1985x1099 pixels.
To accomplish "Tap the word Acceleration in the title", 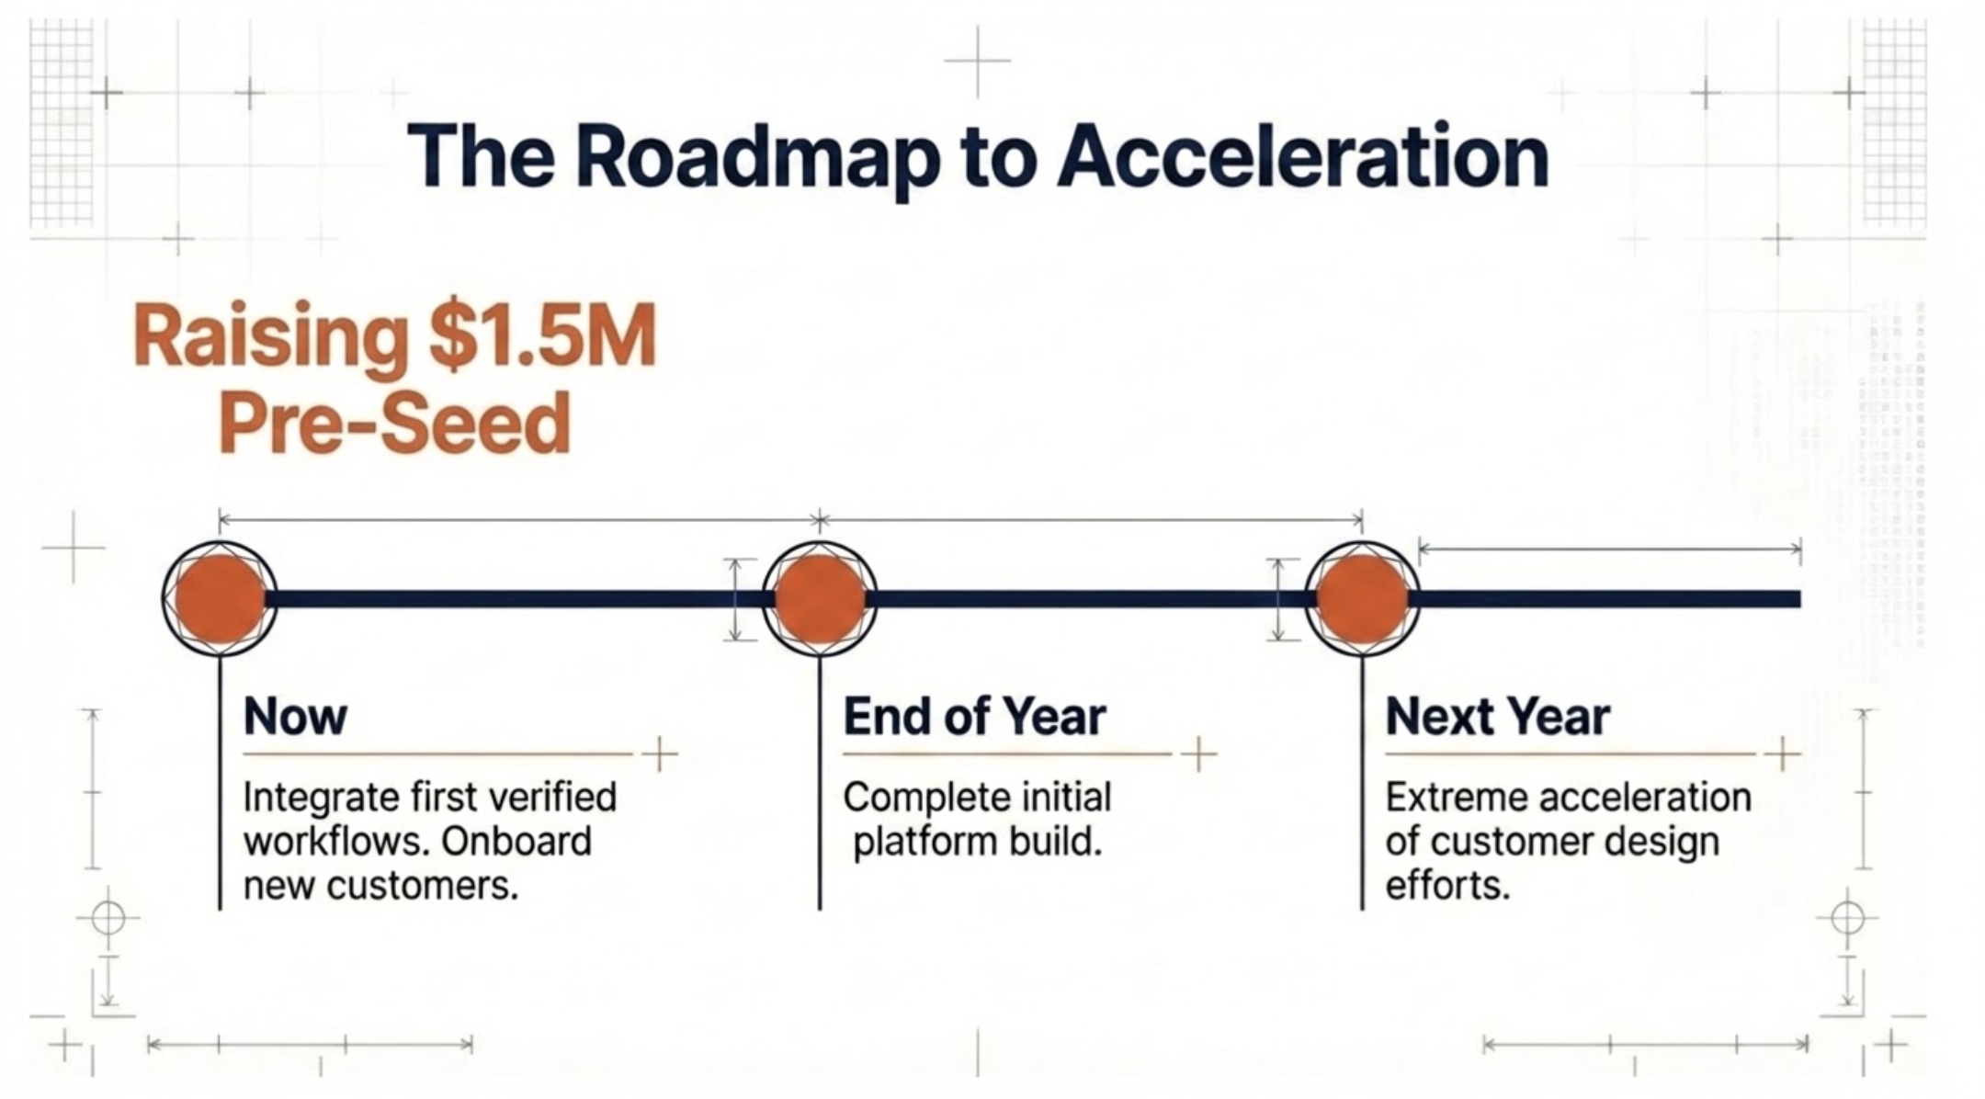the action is (1303, 158).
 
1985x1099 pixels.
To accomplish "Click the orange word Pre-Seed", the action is (395, 424).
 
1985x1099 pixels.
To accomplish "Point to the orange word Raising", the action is (272, 338).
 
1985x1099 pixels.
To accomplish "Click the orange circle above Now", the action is (220, 598).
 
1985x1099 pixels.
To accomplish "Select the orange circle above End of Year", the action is (820, 598).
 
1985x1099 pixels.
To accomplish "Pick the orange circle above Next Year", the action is (1362, 598).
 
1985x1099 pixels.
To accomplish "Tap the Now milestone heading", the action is (295, 717).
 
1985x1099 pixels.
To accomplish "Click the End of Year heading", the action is (974, 717).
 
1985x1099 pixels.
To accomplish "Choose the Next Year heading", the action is (1497, 717).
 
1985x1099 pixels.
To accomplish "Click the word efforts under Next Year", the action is (1447, 886).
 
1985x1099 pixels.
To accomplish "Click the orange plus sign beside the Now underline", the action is (659, 754).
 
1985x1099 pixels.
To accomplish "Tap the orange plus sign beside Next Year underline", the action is (1782, 754).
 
